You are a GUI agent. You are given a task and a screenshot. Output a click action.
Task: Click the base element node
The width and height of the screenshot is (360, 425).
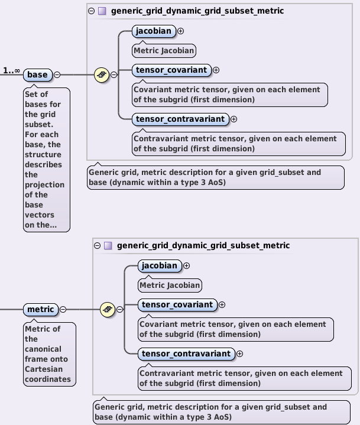pos(37,75)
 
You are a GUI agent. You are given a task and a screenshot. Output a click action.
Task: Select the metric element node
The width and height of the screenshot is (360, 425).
pos(41,310)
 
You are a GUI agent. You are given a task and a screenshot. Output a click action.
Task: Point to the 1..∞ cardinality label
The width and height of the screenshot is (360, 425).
pos(11,71)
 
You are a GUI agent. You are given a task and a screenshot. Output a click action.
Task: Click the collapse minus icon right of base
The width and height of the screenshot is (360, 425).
pos(57,75)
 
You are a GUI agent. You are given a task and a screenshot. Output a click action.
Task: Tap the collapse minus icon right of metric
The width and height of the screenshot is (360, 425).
pos(63,310)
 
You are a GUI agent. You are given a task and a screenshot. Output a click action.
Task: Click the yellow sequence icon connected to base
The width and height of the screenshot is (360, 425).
pos(102,75)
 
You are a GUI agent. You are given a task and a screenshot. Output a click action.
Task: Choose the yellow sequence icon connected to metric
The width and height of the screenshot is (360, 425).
pos(108,309)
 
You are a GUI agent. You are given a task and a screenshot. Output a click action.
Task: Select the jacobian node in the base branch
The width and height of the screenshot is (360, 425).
pos(154,31)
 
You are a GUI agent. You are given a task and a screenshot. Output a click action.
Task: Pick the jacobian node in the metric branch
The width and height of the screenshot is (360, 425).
pos(160,265)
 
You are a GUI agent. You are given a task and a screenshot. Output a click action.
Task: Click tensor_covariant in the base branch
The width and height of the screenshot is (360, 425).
pos(171,70)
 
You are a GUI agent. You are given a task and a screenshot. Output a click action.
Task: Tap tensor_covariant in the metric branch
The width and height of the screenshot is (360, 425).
pos(177,304)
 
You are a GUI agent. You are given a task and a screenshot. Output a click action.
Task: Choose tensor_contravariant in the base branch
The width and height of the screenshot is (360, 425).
pos(180,119)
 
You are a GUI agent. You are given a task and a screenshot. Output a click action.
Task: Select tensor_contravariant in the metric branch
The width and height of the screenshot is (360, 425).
pos(186,353)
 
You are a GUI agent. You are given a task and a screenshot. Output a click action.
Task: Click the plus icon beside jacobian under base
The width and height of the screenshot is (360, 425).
pos(181,31)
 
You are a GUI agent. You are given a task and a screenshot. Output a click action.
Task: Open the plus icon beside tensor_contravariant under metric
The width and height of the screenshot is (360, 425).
pos(239,354)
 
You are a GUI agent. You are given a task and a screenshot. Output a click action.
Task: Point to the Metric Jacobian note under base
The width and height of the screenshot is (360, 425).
pos(164,50)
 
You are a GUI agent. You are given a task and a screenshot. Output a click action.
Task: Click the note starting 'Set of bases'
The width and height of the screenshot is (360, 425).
pos(47,160)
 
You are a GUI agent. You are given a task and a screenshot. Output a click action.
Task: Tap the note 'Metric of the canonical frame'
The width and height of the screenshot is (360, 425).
pos(50,353)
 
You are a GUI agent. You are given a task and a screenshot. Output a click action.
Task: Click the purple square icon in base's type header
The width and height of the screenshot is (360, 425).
pos(102,11)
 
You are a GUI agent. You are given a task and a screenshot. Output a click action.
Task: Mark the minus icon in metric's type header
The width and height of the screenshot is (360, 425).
pos(97,245)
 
